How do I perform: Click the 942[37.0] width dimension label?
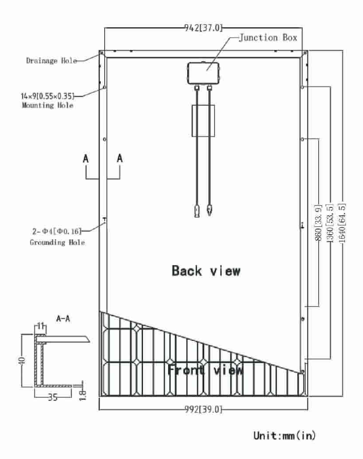203,28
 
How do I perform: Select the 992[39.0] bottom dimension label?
203,409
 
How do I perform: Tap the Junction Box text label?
268,38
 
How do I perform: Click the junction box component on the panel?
203,73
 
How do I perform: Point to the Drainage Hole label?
51,61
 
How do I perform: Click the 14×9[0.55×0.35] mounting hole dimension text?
48,96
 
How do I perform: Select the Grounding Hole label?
57,242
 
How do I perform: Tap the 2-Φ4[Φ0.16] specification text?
57,231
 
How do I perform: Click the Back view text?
206,271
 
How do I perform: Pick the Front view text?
205,370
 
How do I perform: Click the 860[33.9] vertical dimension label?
319,222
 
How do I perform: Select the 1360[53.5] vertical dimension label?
330,223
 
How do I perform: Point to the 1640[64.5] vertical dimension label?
341,223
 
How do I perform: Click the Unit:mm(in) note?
285,436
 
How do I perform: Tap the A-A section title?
63,318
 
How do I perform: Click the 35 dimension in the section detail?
53,397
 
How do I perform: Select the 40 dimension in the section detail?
22,360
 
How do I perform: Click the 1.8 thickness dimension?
83,395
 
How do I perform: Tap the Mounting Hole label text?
48,105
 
